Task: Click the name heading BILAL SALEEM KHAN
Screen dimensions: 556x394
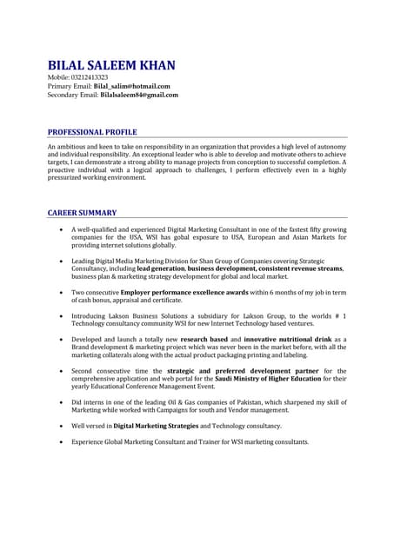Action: click(x=111, y=66)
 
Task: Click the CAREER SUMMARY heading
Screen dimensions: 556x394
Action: click(x=82, y=213)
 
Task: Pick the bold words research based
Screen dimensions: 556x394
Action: click(x=204, y=339)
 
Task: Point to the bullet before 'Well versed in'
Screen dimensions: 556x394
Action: click(x=59, y=426)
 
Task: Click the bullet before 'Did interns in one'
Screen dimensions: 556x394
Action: click(x=59, y=402)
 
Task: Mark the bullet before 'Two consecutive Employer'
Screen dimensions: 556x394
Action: click(x=59, y=293)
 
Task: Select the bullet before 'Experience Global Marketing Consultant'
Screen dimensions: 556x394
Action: click(x=59, y=441)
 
